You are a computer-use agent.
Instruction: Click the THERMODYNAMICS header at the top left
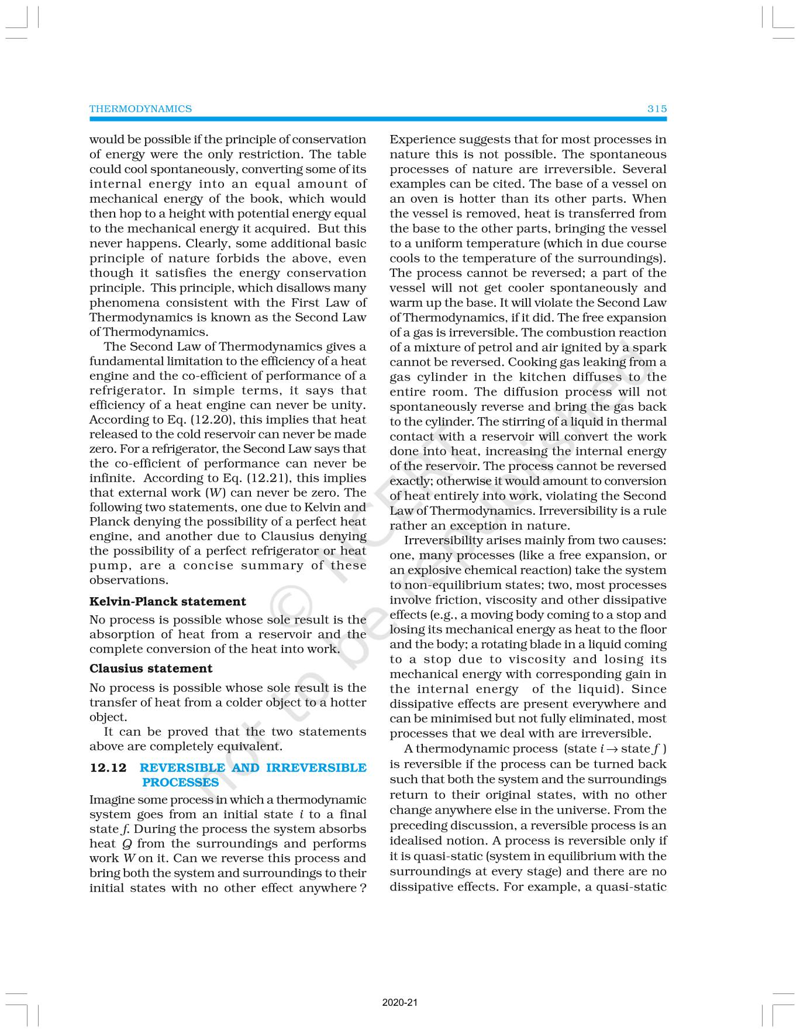pyautogui.click(x=140, y=109)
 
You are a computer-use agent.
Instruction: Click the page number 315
pyautogui.click(x=657, y=109)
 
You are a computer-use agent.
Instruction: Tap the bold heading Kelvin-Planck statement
pyautogui.click(x=167, y=601)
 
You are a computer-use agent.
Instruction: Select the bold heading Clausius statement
pyautogui.click(x=150, y=669)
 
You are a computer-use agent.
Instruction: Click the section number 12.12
pyautogui.click(x=108, y=768)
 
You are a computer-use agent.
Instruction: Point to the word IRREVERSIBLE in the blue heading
pyautogui.click(x=316, y=768)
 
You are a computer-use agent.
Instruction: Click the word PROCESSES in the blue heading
pyautogui.click(x=180, y=782)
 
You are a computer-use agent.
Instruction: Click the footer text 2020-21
pyautogui.click(x=400, y=1003)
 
